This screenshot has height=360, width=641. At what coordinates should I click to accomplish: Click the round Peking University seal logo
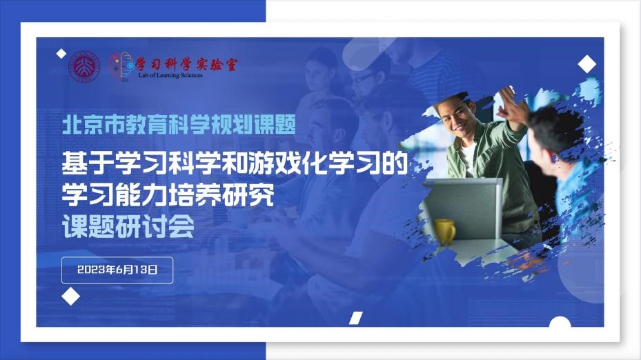84,66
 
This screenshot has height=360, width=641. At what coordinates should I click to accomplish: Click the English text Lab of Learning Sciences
170,75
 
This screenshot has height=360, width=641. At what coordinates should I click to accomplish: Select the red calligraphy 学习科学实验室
186,64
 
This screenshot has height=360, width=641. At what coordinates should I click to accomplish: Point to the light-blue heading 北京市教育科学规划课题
179,125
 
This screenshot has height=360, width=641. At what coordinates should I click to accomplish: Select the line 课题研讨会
128,226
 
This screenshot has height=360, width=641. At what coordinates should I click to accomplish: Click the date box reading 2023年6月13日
117,270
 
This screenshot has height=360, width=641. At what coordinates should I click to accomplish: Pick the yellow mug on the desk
444,231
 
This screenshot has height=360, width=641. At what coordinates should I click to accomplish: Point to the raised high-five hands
510,104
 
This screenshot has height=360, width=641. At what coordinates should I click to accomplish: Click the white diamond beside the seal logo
61,54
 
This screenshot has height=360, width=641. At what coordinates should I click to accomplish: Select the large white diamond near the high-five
587,63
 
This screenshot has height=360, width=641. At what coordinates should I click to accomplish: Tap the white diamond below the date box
70,297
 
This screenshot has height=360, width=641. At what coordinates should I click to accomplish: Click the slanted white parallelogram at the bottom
356,318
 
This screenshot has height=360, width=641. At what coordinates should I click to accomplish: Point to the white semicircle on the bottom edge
560,322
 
